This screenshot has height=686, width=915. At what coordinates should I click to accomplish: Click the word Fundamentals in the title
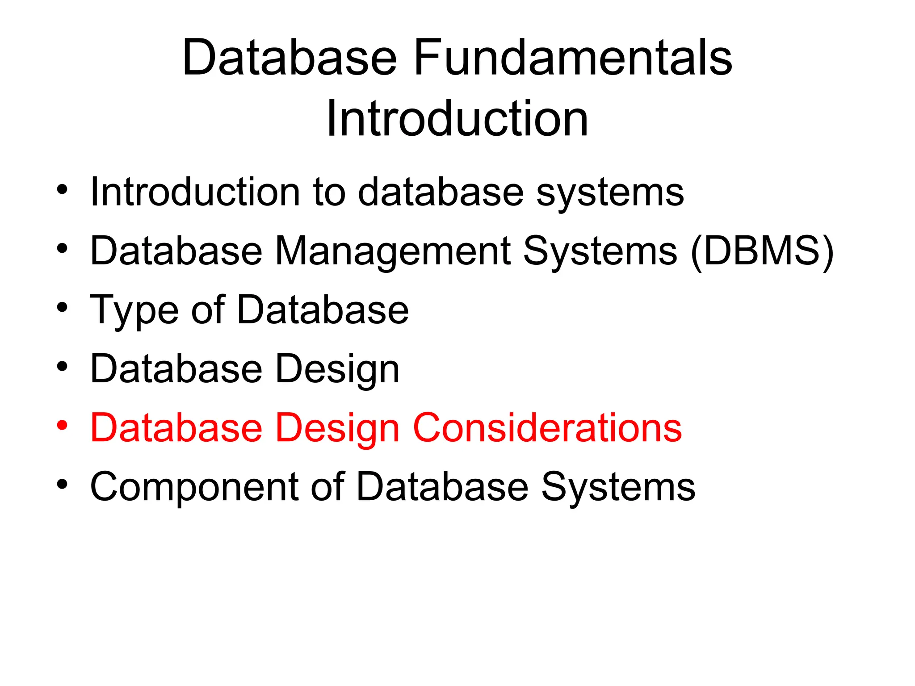pos(573,58)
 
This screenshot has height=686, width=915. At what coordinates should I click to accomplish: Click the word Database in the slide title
pos(290,58)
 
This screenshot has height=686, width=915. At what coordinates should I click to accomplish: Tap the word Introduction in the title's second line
pos(457,119)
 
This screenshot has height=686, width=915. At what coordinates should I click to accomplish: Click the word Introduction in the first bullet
pos(195,192)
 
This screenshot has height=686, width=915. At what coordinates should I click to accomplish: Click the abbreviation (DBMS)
pos(762,251)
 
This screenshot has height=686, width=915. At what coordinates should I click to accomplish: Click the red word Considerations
pos(547,428)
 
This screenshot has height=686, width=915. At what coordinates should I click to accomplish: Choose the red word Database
pos(176,428)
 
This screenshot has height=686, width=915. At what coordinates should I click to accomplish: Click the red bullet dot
pos(62,425)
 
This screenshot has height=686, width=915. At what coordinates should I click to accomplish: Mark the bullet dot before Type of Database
pos(62,307)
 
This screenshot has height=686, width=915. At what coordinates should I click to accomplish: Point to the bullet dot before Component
pos(62,484)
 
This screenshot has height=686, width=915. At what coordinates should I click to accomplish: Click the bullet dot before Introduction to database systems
pos(62,189)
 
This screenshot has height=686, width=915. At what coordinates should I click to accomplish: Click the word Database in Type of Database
pos(323,310)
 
